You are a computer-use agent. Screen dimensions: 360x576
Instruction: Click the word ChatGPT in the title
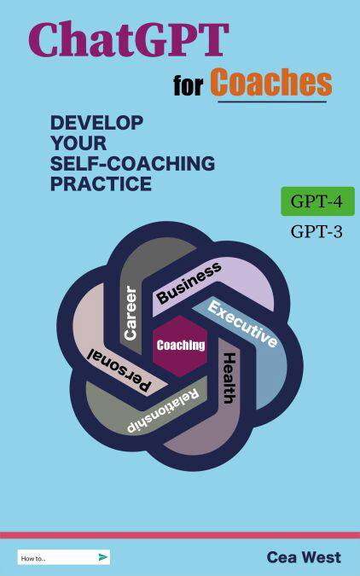[x=129, y=39]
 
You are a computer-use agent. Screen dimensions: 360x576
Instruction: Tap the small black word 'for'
[x=188, y=85]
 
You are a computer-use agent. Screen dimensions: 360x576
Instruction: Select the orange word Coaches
[x=271, y=82]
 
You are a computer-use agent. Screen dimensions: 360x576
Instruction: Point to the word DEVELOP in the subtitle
[x=96, y=123]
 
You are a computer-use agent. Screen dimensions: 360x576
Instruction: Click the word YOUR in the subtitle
[x=78, y=143]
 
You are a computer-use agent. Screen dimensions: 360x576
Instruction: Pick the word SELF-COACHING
[x=132, y=164]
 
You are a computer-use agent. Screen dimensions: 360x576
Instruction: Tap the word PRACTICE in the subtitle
[x=101, y=183]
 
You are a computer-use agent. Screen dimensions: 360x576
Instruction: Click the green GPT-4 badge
[x=317, y=201]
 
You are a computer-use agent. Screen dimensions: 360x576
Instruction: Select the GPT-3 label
[x=316, y=232]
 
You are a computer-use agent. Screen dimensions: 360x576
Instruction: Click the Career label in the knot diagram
[x=131, y=313]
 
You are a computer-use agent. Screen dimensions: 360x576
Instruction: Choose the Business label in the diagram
[x=189, y=282]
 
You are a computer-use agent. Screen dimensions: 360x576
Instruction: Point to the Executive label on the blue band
[x=242, y=323]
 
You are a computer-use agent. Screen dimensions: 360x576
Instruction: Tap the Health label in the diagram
[x=229, y=378]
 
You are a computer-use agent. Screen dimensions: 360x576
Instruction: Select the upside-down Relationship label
[x=163, y=410]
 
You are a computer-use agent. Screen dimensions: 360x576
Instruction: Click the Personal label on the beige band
[x=119, y=369]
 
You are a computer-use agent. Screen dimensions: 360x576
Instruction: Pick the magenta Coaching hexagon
[x=180, y=346]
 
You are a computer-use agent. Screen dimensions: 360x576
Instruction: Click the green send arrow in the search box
[x=103, y=557]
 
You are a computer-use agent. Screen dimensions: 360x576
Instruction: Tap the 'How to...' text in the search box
[x=33, y=558]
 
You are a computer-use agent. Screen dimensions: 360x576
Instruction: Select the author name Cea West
[x=304, y=557]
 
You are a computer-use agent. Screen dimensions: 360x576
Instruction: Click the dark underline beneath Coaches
[x=272, y=102]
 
